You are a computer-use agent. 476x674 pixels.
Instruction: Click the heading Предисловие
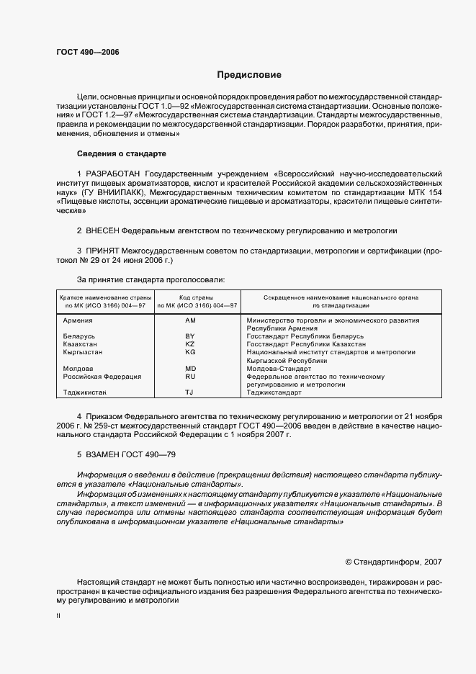pos(250,74)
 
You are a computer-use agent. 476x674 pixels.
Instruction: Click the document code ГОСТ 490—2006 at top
pos(88,53)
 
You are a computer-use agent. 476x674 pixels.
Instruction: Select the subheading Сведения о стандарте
pos(121,153)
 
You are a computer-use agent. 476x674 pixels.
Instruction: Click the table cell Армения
pos(78,320)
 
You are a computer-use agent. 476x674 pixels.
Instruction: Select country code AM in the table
pos(190,320)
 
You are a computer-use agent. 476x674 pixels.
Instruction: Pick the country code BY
pos(190,336)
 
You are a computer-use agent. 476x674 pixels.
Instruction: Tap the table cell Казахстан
pos(80,344)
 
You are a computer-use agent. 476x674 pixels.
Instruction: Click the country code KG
pos(190,352)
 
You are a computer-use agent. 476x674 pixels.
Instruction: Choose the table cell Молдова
pos(78,369)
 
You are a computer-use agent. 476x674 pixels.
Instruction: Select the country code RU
pos(190,377)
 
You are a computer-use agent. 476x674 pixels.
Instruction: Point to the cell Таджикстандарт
pos(277,392)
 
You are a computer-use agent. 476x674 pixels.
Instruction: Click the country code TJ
pos(190,392)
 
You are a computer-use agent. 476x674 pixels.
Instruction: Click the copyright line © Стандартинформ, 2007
pos(394,561)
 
